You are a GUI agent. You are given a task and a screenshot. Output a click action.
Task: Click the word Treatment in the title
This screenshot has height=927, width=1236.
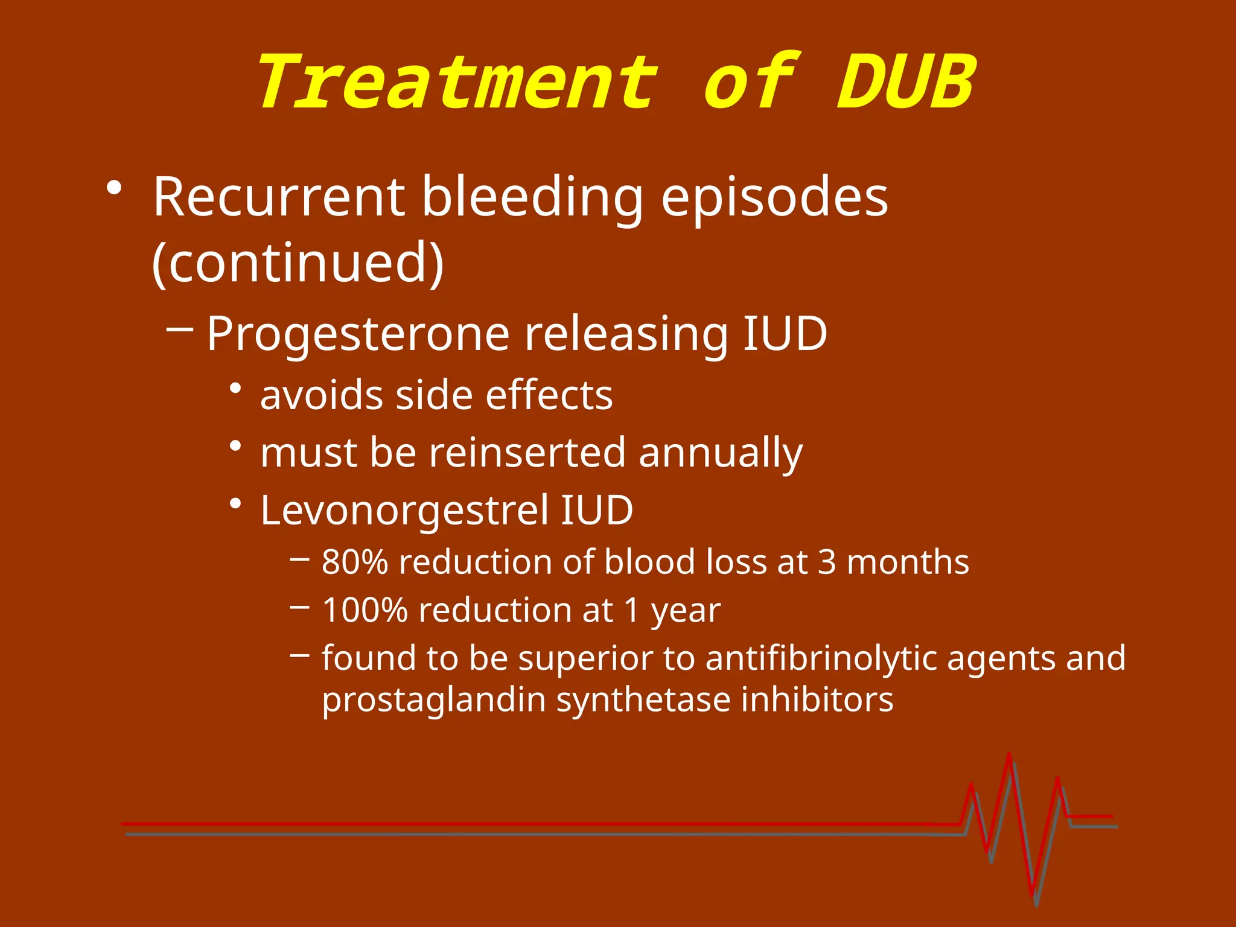pyautogui.click(x=457, y=83)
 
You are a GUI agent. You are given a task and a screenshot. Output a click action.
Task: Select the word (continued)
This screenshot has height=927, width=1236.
pyautogui.click(x=298, y=263)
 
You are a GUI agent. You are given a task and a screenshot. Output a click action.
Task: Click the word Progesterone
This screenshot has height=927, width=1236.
pyautogui.click(x=358, y=334)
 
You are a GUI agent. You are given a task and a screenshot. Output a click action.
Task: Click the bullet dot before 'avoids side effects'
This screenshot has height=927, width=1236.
pyautogui.click(x=236, y=388)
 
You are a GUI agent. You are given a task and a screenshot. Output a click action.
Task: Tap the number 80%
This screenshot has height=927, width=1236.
pyautogui.click(x=355, y=562)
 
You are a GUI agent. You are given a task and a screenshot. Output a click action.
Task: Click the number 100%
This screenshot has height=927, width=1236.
pyautogui.click(x=365, y=610)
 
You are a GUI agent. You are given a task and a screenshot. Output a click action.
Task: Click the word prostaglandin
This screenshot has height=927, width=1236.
pyautogui.click(x=433, y=700)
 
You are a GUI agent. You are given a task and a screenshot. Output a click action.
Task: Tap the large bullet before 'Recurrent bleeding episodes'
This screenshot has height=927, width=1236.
pyautogui.click(x=113, y=188)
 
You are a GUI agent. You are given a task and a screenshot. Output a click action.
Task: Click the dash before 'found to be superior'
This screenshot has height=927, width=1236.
pyautogui.click(x=300, y=654)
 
